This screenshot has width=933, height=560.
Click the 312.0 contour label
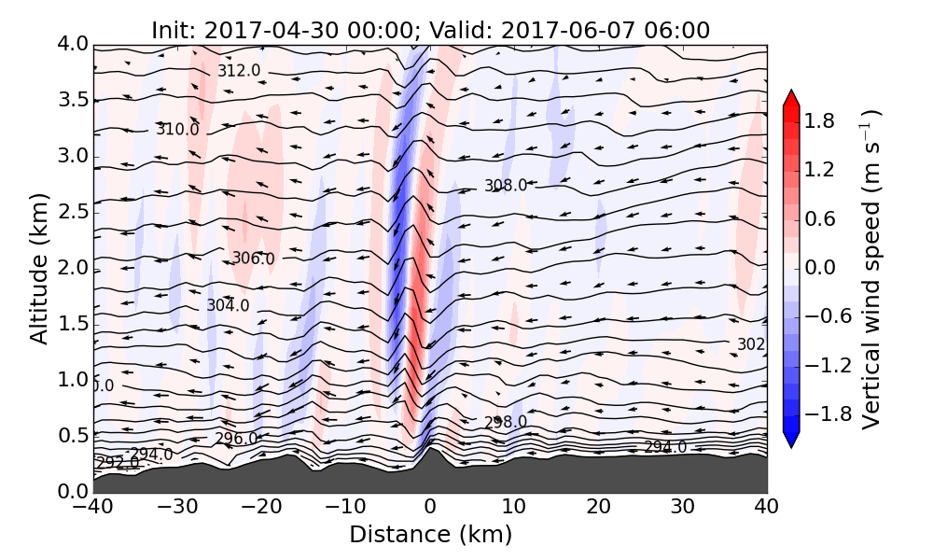(x=239, y=71)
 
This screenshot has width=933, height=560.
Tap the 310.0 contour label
(x=177, y=130)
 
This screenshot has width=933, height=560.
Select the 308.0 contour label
(x=506, y=186)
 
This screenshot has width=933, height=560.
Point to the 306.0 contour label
(x=253, y=259)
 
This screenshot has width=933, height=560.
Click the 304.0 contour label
(x=228, y=305)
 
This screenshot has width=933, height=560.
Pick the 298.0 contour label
(x=506, y=422)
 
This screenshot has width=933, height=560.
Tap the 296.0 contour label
(x=236, y=439)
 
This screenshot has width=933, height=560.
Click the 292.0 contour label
(x=117, y=463)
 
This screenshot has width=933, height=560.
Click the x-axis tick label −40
(x=93, y=508)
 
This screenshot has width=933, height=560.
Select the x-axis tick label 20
(x=598, y=508)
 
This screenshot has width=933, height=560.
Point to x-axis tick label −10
(x=345, y=508)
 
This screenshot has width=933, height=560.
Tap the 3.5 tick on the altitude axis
(x=74, y=100)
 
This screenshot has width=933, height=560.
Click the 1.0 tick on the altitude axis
(x=74, y=380)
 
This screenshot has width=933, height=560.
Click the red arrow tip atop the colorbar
(x=790, y=97)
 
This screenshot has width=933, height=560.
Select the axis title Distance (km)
(x=430, y=535)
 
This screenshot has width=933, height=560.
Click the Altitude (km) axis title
(x=38, y=268)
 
